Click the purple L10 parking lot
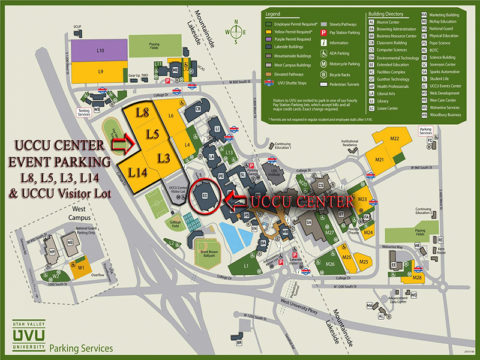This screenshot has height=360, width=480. [101, 49]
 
